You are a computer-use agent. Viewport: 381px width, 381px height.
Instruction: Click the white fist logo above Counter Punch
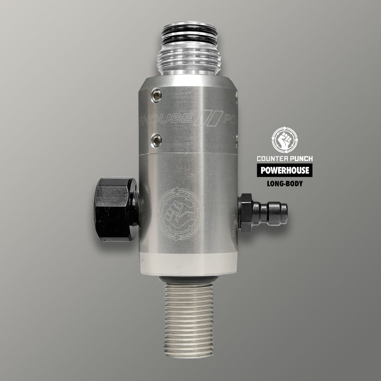(285, 140)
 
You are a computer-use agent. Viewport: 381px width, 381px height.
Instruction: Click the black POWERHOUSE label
(285, 171)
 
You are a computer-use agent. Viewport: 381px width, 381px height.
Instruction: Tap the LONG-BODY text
(285, 184)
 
